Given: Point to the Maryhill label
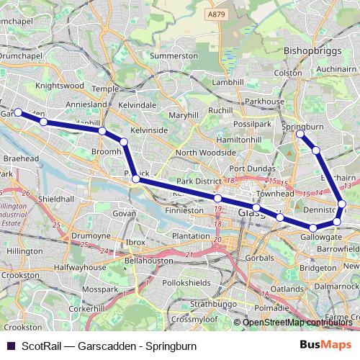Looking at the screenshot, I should (183, 114).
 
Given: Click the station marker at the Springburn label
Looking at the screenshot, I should (300, 135).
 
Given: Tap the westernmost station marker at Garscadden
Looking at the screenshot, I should (17, 112).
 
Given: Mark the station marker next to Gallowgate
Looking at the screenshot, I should (313, 228).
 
